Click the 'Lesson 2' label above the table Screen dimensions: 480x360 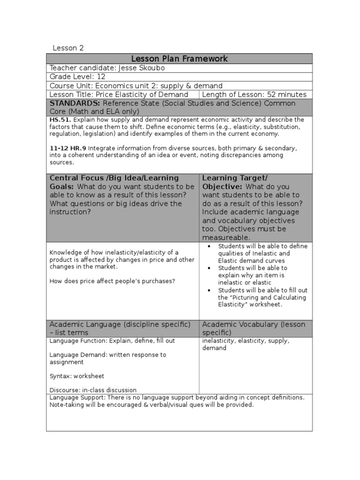68,47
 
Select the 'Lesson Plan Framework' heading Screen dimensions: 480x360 179,59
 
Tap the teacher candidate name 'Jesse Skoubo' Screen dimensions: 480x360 141,68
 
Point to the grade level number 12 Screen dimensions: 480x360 102,77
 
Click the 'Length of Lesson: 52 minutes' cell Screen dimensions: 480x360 254,95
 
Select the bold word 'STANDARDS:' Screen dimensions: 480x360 75,103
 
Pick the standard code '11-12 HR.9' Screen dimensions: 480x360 68,148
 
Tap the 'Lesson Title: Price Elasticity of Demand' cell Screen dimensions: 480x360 119,95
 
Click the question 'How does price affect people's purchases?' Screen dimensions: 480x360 112,281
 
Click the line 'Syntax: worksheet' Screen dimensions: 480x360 77,376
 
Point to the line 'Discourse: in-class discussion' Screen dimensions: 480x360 93,390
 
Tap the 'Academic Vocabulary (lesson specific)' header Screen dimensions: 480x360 253,328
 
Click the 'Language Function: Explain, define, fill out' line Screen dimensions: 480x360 112,341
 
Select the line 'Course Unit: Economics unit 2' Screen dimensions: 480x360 136,86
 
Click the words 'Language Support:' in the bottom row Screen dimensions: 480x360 77,397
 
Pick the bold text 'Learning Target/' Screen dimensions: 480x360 234,178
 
